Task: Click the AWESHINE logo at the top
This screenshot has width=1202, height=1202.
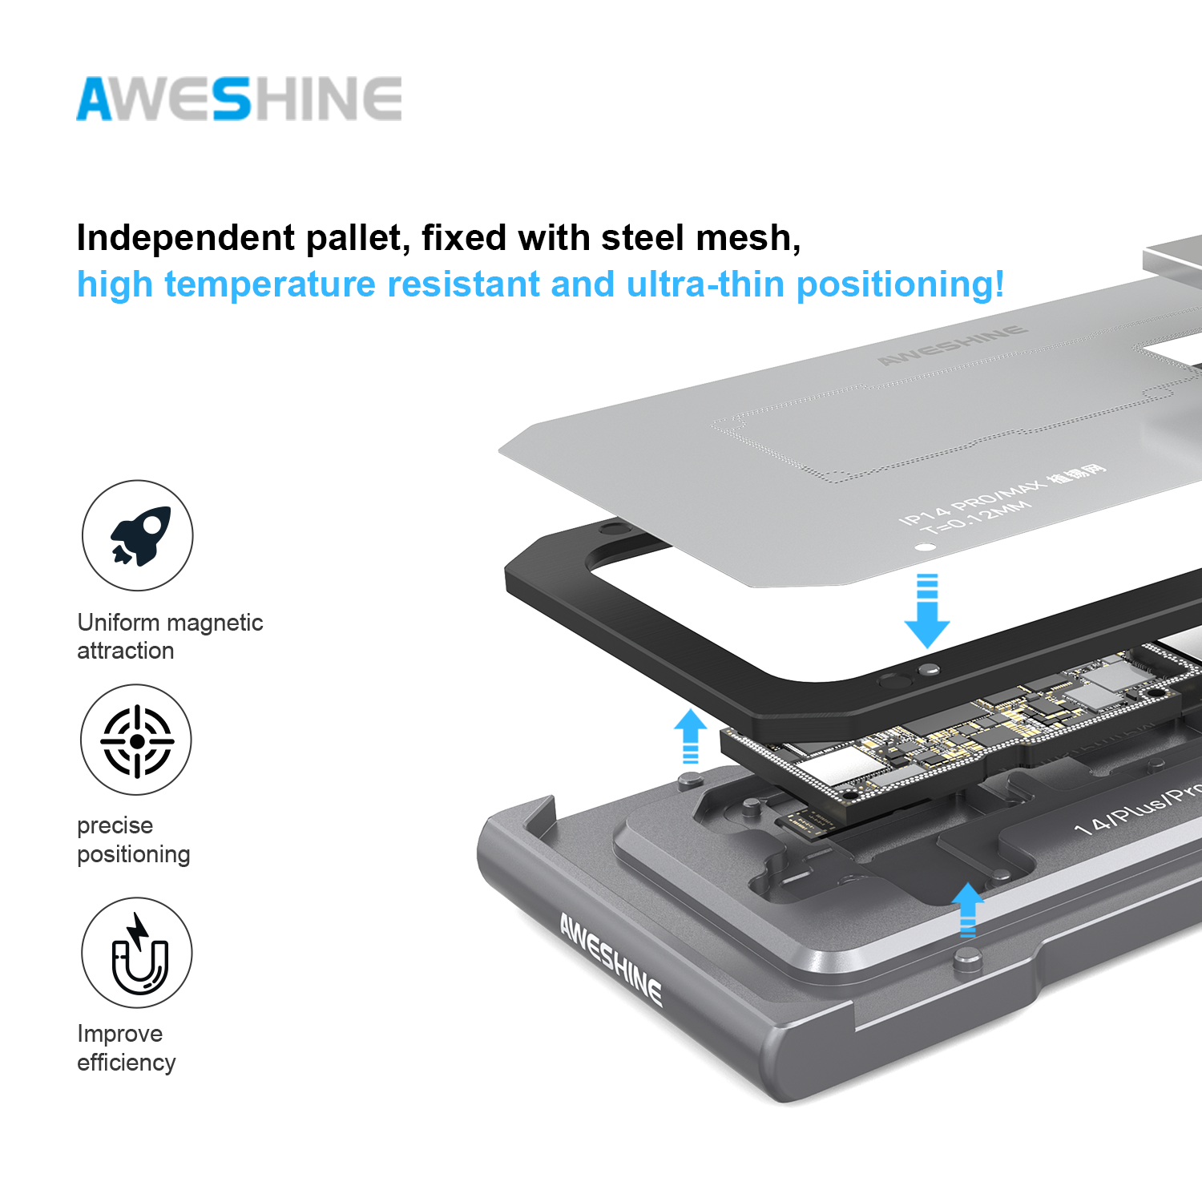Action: pos(239,99)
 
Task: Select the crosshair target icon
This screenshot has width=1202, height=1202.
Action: pos(136,740)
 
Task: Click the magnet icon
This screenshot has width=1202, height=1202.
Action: pos(138,954)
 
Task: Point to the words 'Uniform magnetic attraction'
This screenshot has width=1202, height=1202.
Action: pos(170,636)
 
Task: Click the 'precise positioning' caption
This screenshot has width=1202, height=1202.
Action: pos(133,840)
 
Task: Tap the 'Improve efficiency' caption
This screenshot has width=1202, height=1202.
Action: pos(126,1048)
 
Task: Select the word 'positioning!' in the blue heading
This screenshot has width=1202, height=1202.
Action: pos(900,285)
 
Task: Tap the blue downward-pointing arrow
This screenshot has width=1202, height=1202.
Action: pos(927,612)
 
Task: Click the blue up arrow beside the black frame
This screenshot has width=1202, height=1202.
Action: pos(690,736)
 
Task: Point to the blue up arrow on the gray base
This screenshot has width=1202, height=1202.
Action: pos(968,909)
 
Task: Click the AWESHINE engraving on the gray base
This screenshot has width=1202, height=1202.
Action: pos(611,959)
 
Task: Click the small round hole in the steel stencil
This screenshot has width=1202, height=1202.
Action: pos(926,548)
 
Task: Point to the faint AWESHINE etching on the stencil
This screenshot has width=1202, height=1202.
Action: pos(952,345)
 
